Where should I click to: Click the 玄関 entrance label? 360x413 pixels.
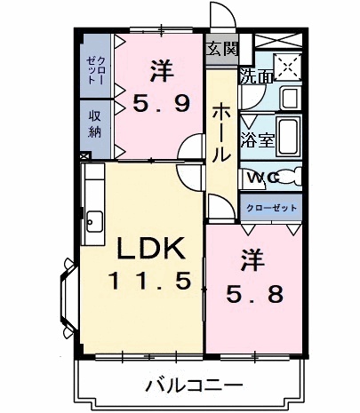223,49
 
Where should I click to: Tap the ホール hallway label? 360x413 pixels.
220,131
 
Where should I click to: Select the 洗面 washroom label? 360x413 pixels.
258,76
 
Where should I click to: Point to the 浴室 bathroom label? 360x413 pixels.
260,140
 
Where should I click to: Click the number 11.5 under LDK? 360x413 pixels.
149,282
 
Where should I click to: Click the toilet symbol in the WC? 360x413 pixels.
293,178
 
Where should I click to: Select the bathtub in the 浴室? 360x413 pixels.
290,133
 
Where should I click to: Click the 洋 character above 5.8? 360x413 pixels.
252,260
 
